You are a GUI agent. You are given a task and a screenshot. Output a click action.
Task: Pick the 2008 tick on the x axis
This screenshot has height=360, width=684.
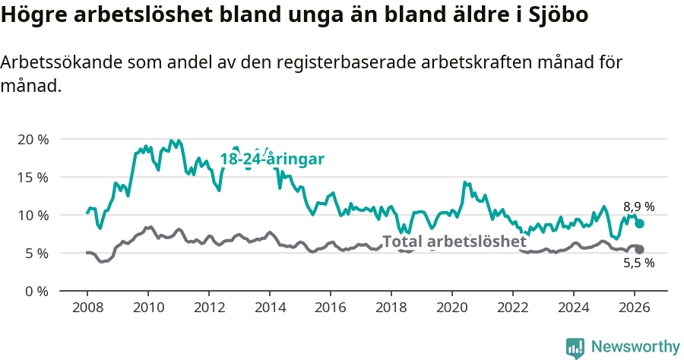[x=87, y=307]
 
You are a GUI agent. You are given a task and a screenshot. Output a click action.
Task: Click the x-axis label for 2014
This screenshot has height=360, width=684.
[x=269, y=307]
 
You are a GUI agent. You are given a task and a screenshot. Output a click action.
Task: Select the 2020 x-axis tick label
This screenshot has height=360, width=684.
[x=452, y=307]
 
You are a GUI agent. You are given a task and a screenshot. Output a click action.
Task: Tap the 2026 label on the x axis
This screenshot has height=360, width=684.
[x=635, y=307]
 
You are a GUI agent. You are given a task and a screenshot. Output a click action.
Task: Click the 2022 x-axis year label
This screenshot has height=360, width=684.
[x=513, y=307]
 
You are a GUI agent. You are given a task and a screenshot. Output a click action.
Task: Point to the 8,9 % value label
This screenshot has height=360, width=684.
[x=638, y=207]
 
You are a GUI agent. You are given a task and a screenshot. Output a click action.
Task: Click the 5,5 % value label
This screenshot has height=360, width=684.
[x=638, y=264]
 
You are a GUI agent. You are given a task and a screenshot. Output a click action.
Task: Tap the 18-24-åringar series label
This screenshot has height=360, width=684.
[x=272, y=159]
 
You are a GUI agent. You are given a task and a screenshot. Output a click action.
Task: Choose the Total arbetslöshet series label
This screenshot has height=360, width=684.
[x=454, y=242]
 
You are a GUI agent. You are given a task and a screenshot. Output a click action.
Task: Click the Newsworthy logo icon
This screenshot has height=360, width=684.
[x=575, y=348]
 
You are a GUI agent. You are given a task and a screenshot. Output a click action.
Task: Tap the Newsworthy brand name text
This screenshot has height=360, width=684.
[x=635, y=347]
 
